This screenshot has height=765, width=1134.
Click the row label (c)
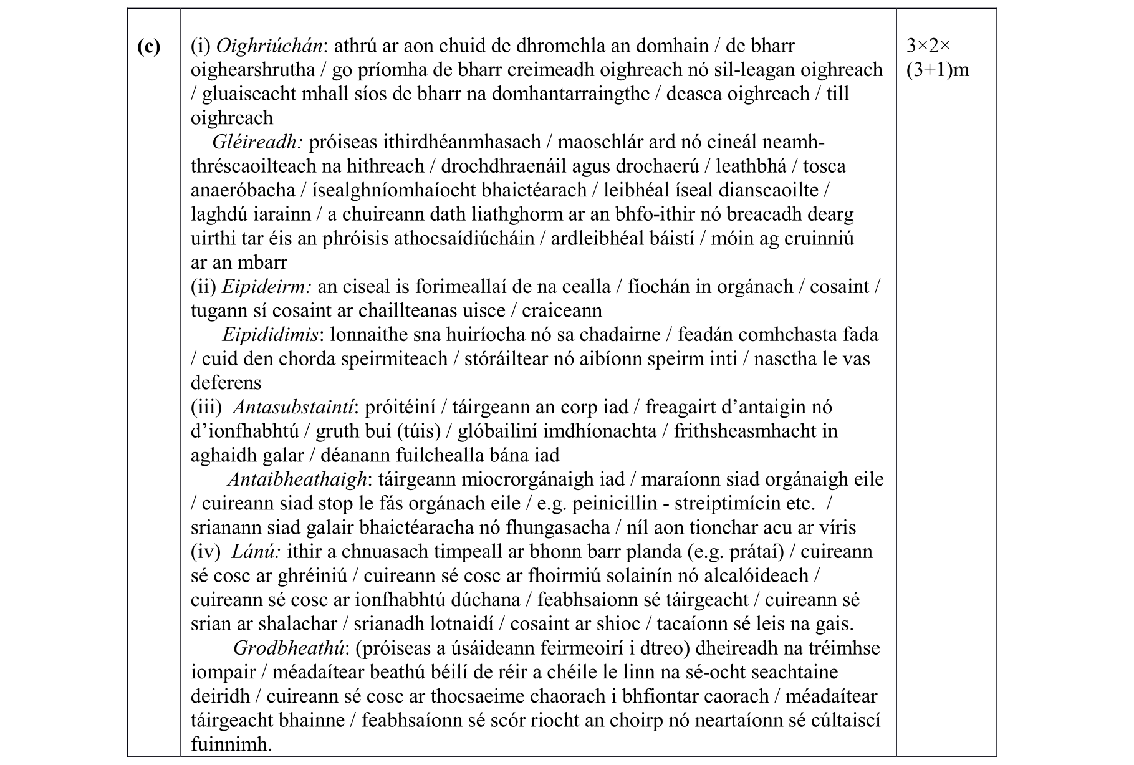tap(148, 47)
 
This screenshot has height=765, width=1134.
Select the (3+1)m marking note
tap(938, 70)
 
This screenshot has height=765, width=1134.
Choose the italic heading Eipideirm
tap(266, 287)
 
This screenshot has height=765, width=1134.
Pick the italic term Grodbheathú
tap(289, 648)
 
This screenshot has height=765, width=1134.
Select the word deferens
tap(226, 382)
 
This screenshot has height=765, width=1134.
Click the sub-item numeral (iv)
tap(206, 552)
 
